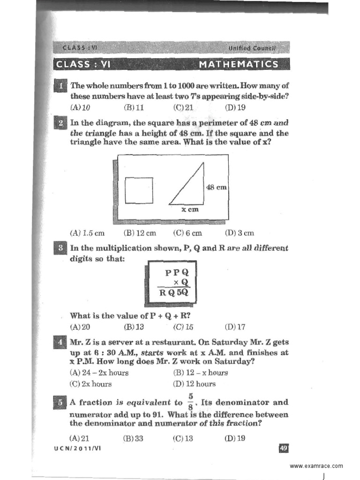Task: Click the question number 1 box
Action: pyautogui.click(x=61, y=86)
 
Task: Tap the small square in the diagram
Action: pyautogui.click(x=139, y=190)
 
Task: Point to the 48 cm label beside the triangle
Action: pyautogui.click(x=217, y=187)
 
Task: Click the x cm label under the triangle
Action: pyautogui.click(x=190, y=210)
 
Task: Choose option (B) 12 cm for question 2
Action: pyautogui.click(x=140, y=233)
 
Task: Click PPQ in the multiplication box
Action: pyautogui.click(x=176, y=272)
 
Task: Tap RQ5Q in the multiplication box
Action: pyautogui.click(x=172, y=294)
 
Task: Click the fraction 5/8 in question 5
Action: pyautogui.click(x=191, y=402)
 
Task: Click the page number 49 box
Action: pyautogui.click(x=283, y=448)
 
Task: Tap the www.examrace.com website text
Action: pyautogui.click(x=316, y=465)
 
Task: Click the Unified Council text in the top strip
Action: pyautogui.click(x=253, y=48)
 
